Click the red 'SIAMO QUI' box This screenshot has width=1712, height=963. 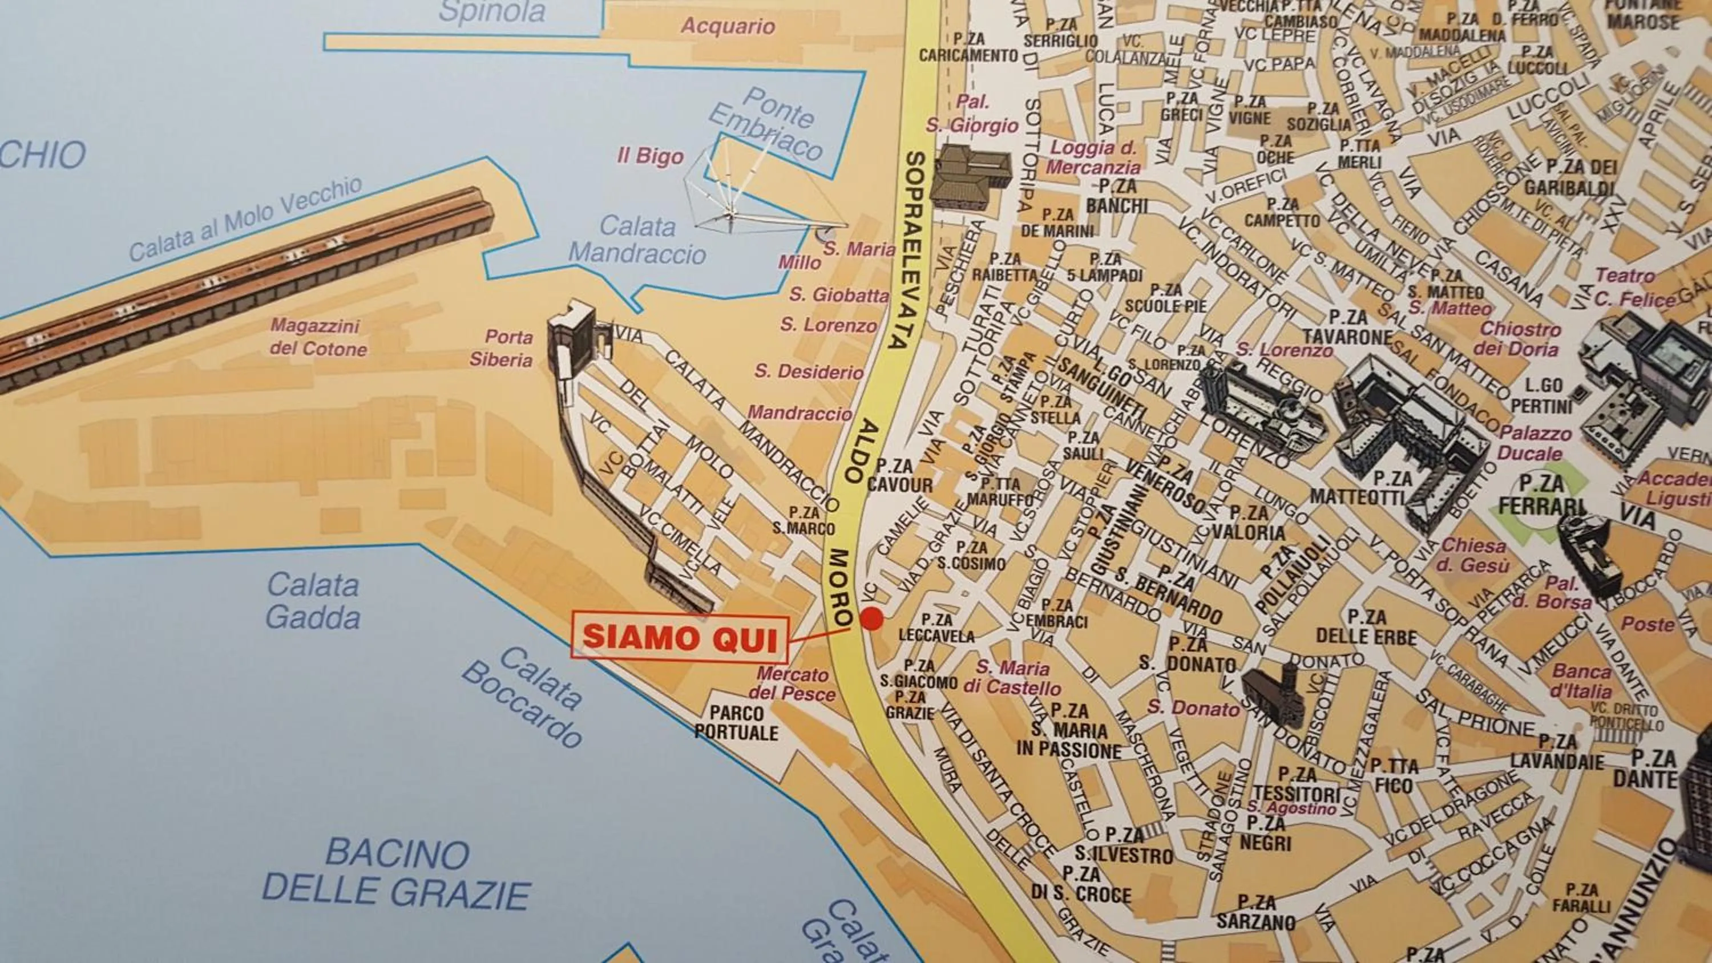[x=679, y=638]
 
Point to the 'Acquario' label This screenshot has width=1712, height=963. [x=728, y=27]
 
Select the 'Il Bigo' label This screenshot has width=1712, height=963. [x=650, y=156]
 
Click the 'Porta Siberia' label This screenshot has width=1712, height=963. [x=502, y=348]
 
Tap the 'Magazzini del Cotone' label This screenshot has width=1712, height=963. [x=318, y=338]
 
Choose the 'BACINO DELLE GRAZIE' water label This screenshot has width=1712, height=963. [x=397, y=873]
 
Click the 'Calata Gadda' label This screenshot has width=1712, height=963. [x=312, y=601]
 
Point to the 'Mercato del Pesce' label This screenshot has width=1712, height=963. [x=792, y=684]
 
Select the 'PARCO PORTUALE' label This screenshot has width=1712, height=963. [x=736, y=723]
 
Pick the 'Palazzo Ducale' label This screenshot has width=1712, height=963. [x=1536, y=443]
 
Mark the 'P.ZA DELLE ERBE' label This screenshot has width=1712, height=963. [x=1366, y=627]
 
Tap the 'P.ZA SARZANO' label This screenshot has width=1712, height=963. [x=1256, y=912]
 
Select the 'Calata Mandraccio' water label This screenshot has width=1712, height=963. [x=637, y=241]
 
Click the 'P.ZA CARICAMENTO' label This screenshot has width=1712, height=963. [x=968, y=48]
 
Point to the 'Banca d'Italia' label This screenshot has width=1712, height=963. [x=1582, y=681]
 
